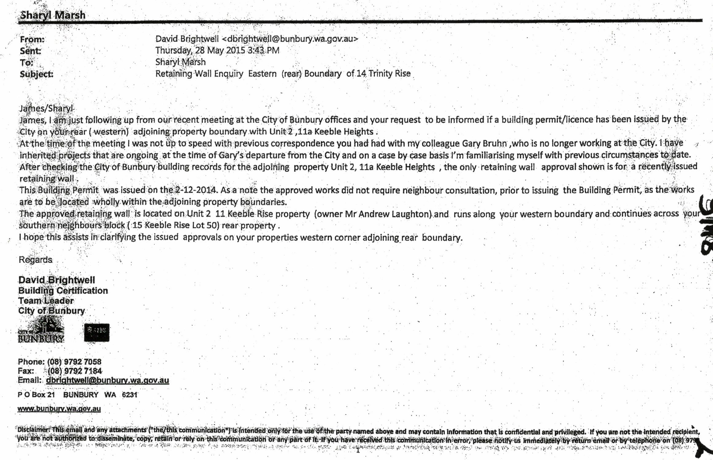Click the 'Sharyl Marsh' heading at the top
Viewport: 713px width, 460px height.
tap(52, 15)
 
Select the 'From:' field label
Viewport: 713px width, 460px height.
tap(32, 40)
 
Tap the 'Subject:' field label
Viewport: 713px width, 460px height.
tap(36, 74)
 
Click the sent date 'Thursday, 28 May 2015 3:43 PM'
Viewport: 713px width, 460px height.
tap(217, 50)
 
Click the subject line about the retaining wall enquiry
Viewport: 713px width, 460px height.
tap(283, 74)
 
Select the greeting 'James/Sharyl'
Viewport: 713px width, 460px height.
tap(46, 108)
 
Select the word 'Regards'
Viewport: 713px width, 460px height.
tap(36, 260)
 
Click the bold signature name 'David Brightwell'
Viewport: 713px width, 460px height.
tap(57, 280)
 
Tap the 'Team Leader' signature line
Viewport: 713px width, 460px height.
tap(46, 301)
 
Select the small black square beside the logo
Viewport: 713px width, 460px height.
tap(97, 333)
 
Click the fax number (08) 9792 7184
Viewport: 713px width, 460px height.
tap(75, 371)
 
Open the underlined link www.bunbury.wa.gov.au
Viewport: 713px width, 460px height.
tap(59, 409)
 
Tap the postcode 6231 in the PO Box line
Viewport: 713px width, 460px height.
tap(129, 395)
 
